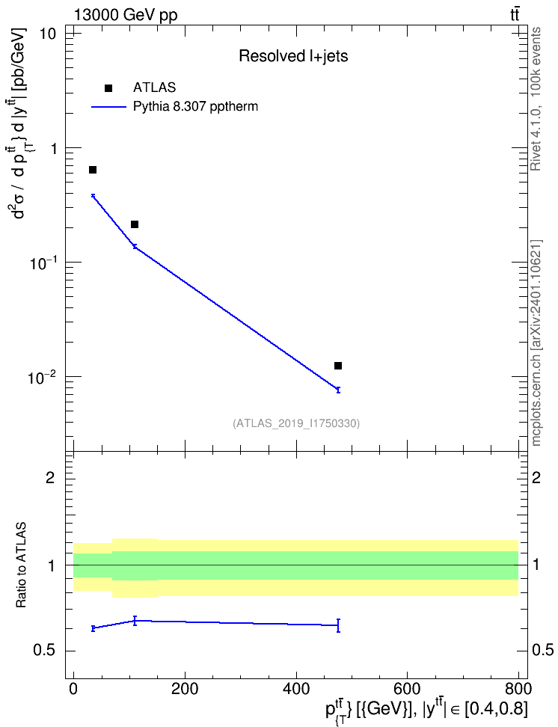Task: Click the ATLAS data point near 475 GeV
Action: [338, 366]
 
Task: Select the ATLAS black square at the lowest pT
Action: [93, 170]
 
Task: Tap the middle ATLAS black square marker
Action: [135, 224]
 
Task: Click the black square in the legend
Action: [108, 88]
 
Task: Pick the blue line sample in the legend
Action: [108, 107]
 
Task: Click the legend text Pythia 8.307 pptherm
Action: [195, 107]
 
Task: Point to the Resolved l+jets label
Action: [293, 56]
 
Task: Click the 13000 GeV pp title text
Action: [125, 15]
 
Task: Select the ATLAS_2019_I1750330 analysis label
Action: [296, 423]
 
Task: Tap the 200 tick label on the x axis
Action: [185, 689]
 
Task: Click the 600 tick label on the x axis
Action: [407, 689]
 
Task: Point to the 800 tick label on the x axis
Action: [518, 689]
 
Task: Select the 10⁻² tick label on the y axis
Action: [42, 377]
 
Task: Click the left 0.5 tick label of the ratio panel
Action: [44, 651]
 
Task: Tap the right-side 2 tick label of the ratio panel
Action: [536, 477]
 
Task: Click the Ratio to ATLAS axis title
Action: [21, 565]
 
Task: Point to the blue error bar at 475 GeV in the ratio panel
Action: [338, 625]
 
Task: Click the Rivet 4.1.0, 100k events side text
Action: [536, 99]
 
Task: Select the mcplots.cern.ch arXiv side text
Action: [536, 343]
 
